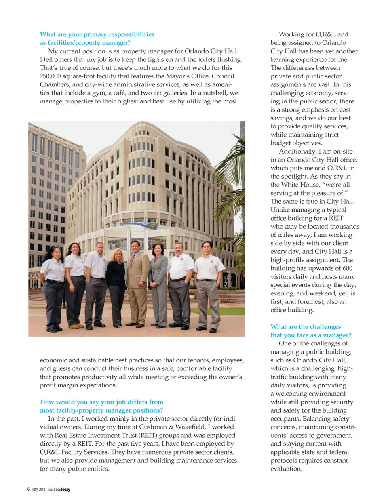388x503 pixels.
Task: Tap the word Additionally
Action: [297, 152]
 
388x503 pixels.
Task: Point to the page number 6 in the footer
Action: [28, 490]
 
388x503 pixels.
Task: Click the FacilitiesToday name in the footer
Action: [59, 490]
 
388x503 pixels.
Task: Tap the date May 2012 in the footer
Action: [39, 490]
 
